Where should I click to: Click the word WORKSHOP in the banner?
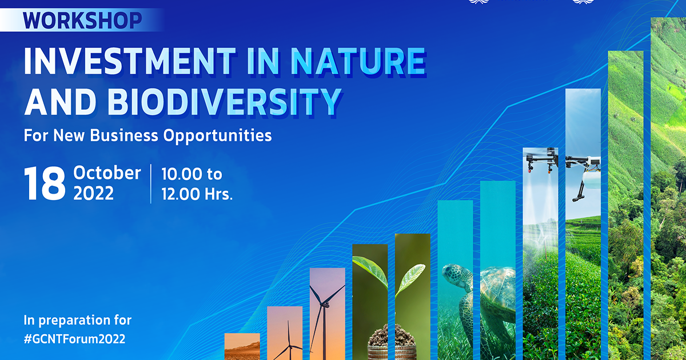[82, 21]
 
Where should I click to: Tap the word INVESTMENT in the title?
[130, 61]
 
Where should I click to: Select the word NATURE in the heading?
[358, 61]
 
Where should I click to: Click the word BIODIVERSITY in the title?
[224, 102]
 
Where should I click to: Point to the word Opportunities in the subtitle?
[217, 135]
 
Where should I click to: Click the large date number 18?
[45, 183]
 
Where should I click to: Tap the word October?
[107, 173]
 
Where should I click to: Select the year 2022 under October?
[93, 194]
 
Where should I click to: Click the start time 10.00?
[181, 174]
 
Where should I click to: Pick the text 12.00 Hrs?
[197, 194]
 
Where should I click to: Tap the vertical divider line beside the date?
[151, 183]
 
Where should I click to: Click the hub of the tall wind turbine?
[325, 305]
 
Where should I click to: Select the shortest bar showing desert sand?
[242, 346]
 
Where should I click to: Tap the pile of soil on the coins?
[392, 335]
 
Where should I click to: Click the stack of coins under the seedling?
[392, 353]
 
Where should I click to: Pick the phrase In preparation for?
[78, 320]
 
